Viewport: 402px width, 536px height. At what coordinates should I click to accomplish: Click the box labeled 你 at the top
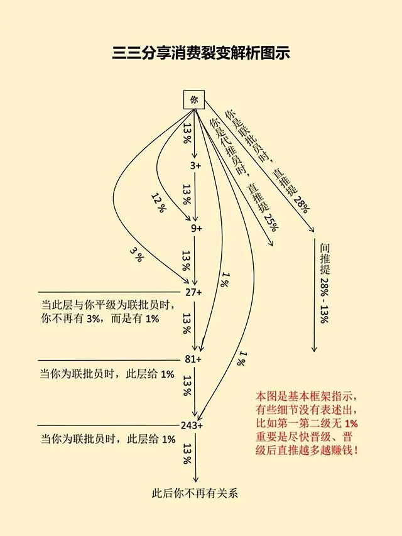coord(193,100)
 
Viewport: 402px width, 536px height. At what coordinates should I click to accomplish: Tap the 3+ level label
coord(195,166)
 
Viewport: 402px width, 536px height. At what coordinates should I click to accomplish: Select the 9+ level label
coord(197,229)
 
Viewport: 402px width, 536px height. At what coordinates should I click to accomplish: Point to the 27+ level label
coord(193,292)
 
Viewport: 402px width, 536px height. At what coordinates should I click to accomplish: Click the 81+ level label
coord(193,359)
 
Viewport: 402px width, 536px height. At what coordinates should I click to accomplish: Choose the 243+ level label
coord(191,425)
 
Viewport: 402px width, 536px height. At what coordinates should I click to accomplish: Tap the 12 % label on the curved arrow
coord(158,202)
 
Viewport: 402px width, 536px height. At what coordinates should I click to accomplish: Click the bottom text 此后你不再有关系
coord(195,493)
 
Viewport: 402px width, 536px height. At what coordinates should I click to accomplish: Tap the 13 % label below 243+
coord(187,454)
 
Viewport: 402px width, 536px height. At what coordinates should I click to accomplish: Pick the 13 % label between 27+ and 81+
coord(187,325)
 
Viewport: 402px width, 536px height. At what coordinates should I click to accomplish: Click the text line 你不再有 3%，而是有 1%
coord(100,319)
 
